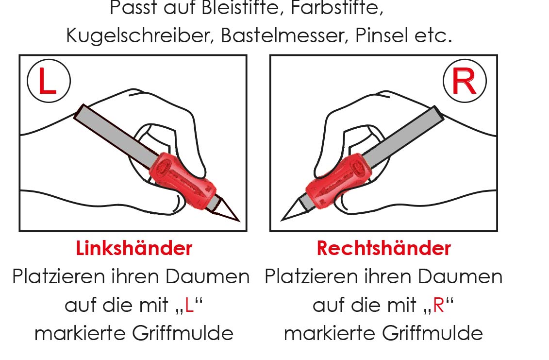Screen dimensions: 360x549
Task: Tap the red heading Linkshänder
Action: point(134,248)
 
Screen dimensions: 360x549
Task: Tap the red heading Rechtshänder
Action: point(383,248)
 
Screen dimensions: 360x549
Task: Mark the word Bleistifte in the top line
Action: point(240,8)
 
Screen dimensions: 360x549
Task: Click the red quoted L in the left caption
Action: point(189,306)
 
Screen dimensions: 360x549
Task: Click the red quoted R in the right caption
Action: point(438,306)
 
